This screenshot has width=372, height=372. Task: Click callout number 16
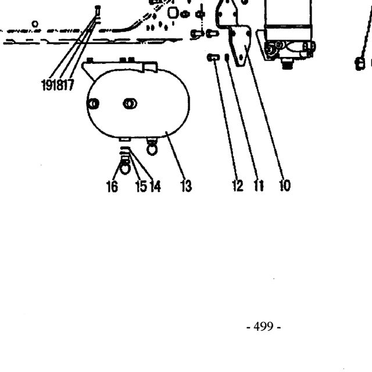coord(112,186)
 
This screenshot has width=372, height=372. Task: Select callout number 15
coord(141,186)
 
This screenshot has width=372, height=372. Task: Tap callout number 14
coord(155,186)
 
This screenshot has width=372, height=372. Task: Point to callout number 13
coord(186,186)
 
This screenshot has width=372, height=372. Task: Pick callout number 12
coord(238,185)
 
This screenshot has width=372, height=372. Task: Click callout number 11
coord(259,185)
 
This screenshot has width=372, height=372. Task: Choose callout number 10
coord(285,185)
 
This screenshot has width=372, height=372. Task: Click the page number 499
coord(263,327)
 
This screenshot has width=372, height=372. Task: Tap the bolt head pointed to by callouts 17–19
coord(98,10)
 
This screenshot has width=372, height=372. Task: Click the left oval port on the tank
coord(93,103)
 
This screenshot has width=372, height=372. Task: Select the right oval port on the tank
coord(130,103)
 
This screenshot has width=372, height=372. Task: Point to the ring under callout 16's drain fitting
coord(125,168)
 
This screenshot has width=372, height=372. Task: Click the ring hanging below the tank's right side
coord(152,150)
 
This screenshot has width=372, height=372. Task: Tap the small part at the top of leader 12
coord(213,58)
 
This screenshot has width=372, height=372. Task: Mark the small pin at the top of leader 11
coord(227,57)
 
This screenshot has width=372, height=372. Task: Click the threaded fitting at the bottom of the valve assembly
coord(287,63)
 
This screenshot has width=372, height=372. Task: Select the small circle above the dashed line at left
coord(35,24)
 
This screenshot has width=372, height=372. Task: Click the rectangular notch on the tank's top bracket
coord(150,67)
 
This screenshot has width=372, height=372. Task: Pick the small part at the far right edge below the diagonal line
coord(360,64)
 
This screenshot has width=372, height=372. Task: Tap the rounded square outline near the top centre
coord(173,13)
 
